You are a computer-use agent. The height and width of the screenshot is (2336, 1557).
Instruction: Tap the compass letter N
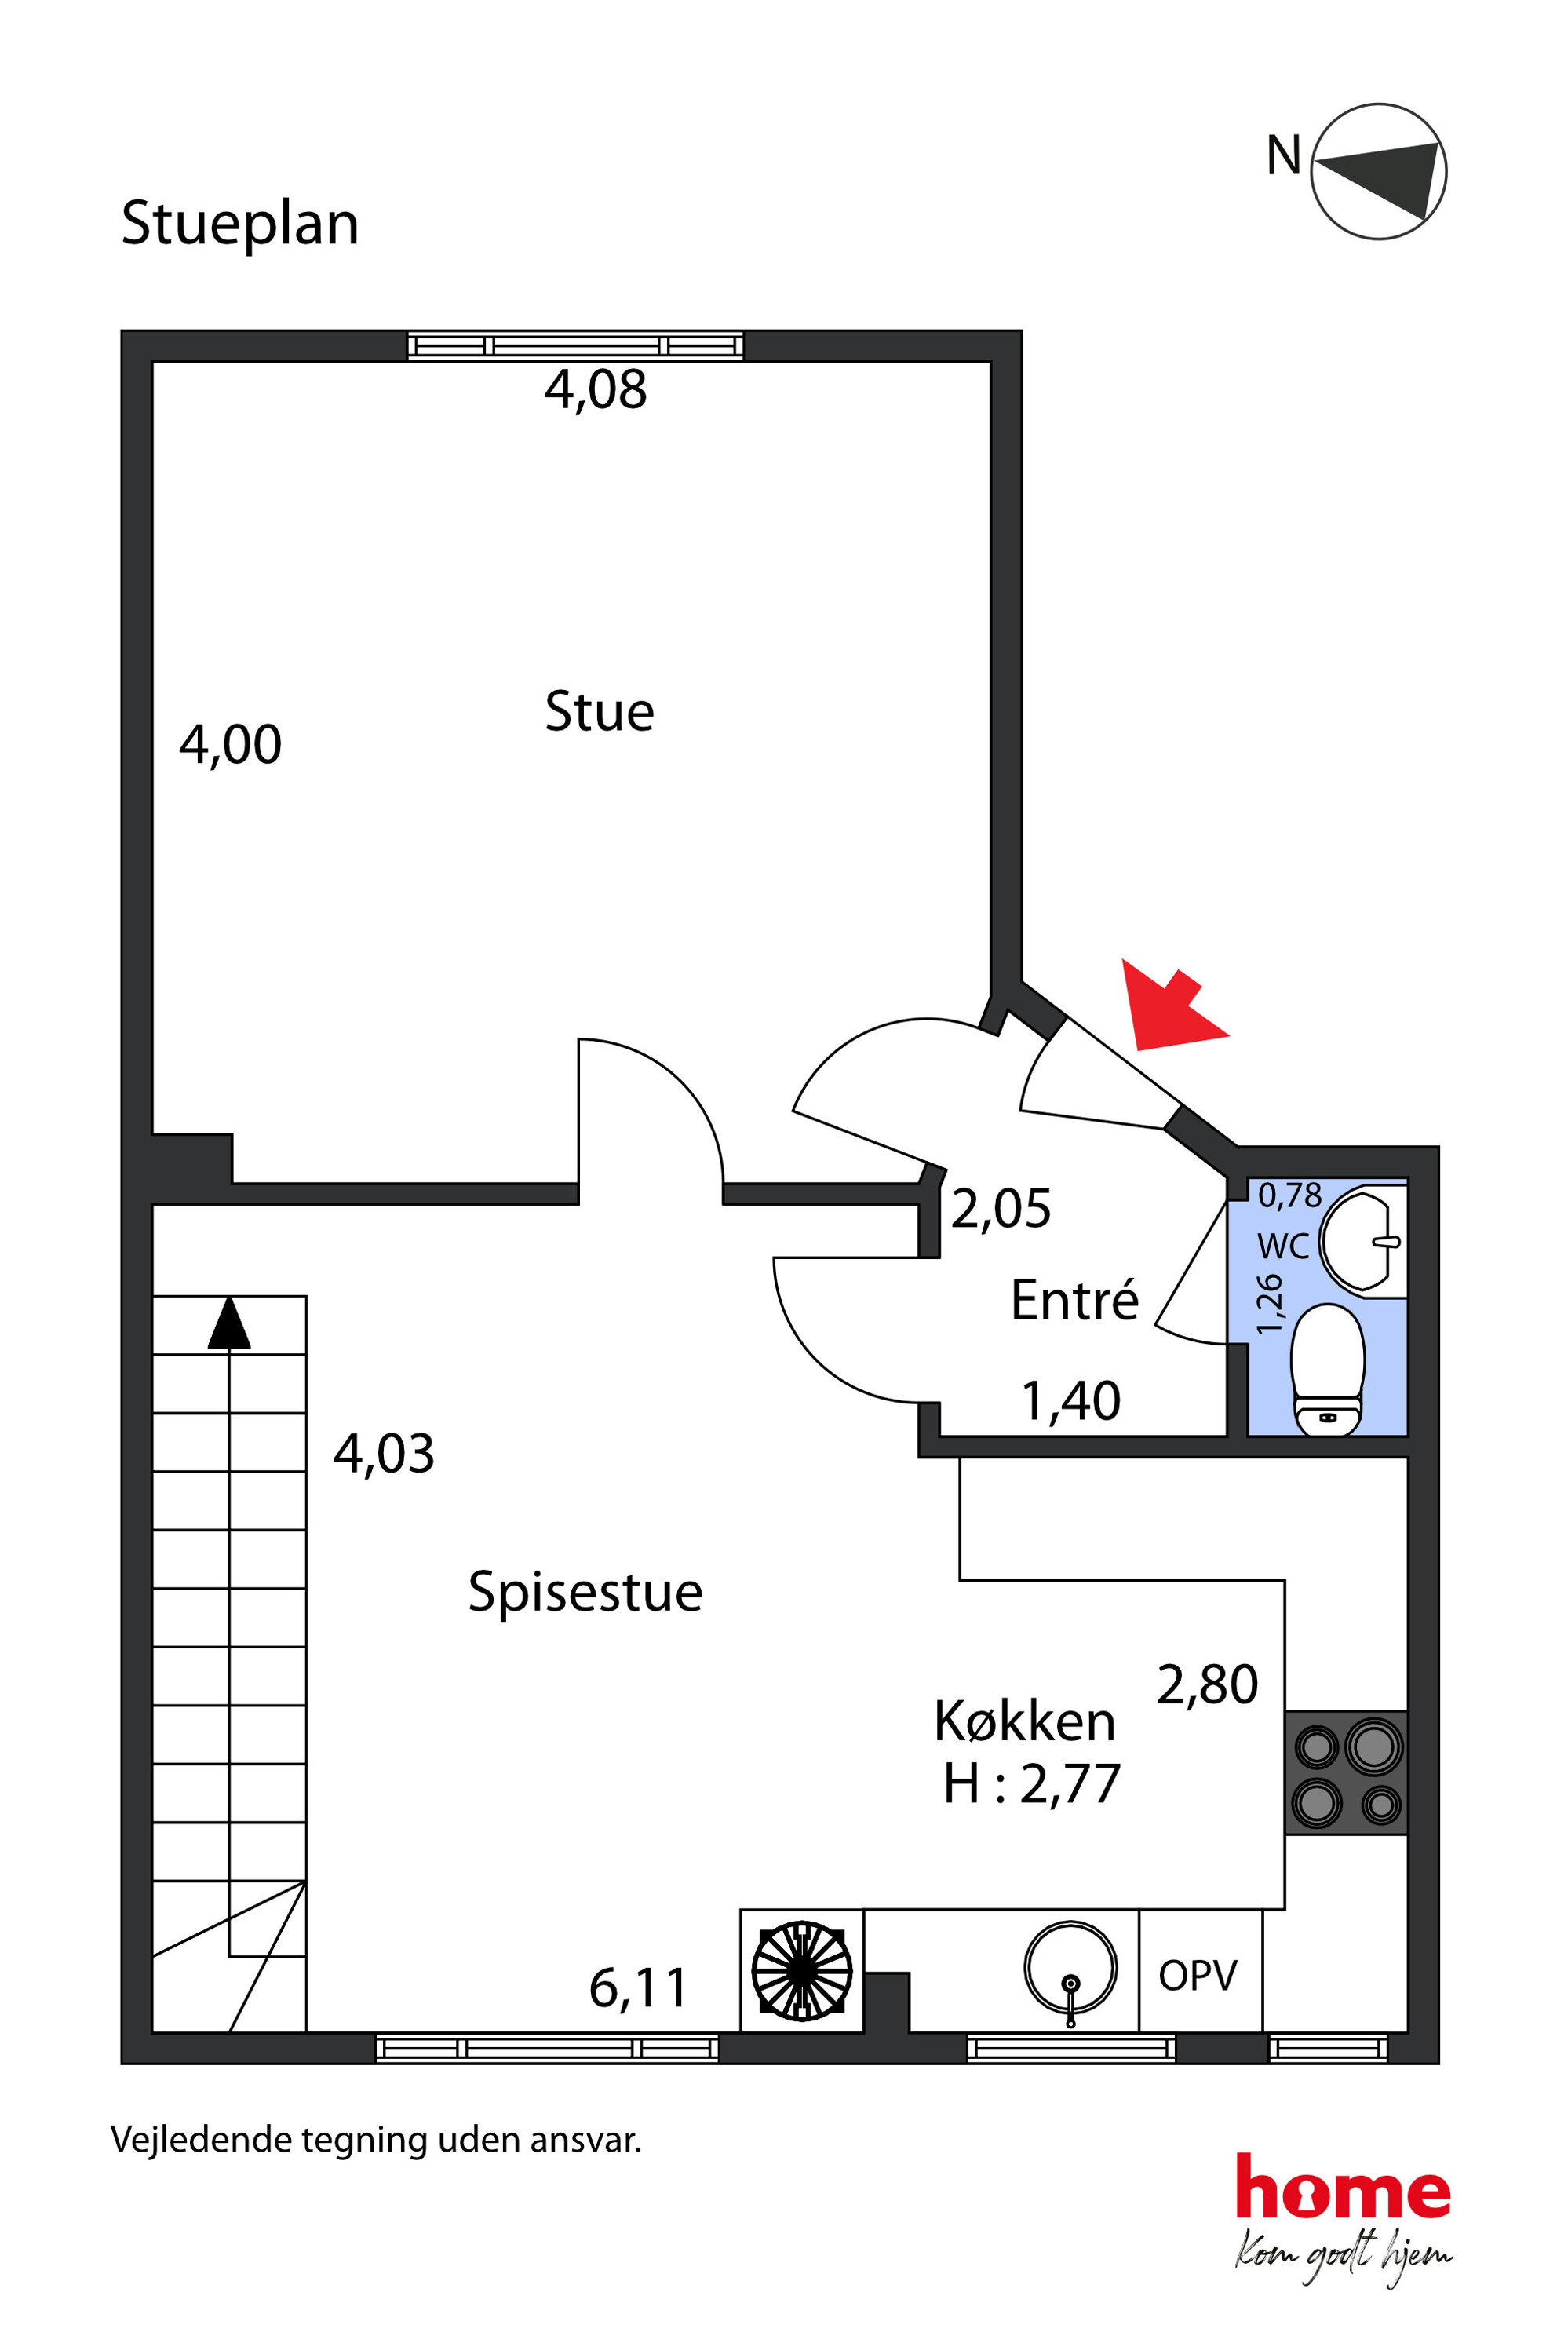click(1283, 156)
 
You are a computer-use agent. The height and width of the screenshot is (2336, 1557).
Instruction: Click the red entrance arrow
click(1171, 1006)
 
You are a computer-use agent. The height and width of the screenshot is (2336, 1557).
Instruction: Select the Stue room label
click(599, 712)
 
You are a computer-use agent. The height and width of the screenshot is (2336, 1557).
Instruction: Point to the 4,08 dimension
click(596, 389)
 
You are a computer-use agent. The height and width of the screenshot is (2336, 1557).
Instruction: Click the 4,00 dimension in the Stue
click(231, 745)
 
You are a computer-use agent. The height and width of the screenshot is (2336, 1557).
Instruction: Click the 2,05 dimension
click(1001, 1209)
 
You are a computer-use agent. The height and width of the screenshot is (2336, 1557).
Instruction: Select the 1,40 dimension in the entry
click(1070, 1401)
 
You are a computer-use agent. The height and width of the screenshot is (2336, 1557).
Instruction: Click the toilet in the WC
click(1328, 1371)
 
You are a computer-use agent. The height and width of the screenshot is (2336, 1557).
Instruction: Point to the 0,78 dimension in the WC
click(1290, 1195)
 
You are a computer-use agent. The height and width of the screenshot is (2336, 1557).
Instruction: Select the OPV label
click(1198, 1976)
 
